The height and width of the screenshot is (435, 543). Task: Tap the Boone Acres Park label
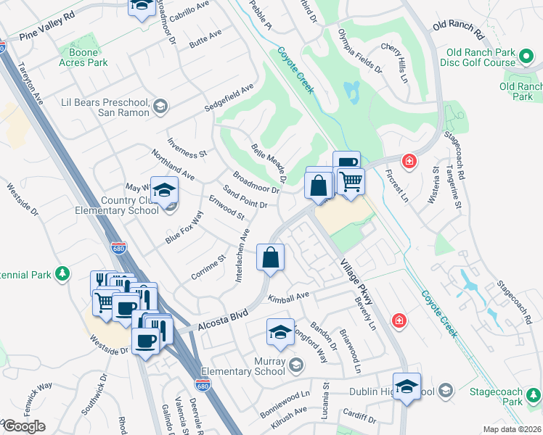tap(89, 57)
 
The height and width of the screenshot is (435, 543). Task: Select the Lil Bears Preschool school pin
tap(160, 108)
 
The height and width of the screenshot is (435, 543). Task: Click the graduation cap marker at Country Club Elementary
tap(165, 191)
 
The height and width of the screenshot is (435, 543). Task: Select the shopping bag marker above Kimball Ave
tap(270, 258)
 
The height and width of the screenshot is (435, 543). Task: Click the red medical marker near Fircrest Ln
tap(409, 160)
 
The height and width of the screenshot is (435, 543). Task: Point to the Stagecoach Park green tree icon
tap(534, 395)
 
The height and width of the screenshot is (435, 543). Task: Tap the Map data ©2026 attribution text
tap(513, 429)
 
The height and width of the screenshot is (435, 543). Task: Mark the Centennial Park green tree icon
tap(64, 273)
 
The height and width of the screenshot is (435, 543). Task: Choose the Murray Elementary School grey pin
tap(295, 364)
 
